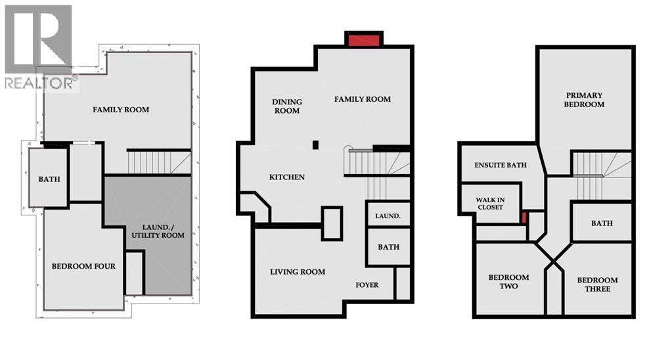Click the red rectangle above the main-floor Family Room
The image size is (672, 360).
364,40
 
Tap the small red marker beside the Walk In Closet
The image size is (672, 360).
524,217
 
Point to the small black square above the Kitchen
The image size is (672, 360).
315,145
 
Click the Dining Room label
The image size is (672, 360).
287,106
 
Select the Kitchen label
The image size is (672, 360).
287,177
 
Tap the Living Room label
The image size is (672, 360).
298,271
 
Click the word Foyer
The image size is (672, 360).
367,285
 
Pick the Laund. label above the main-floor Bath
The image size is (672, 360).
388,215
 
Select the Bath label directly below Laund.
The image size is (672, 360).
388,247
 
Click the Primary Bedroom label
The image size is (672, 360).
584,100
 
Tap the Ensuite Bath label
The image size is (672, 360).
501,165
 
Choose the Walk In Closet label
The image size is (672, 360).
490,202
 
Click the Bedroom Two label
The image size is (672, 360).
508,282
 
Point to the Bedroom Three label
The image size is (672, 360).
597,284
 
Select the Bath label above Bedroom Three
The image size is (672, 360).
602,223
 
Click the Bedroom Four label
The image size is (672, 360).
83,266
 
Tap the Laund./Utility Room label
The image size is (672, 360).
158,231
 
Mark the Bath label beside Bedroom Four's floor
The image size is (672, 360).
49,179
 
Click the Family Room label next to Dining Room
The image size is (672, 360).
362,99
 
